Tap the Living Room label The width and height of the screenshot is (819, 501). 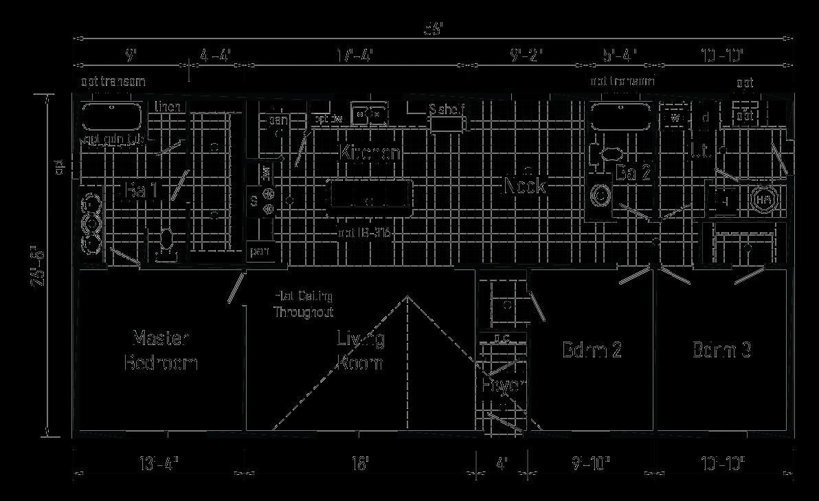(361, 350)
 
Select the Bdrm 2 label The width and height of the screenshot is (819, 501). (592, 350)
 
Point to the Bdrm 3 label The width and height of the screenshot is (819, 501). (721, 350)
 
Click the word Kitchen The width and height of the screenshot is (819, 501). (370, 153)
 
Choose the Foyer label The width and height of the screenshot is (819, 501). (503, 386)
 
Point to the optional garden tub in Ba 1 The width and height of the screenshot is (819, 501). (112, 117)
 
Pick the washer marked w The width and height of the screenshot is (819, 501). (675, 118)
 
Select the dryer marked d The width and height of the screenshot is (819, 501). (705, 118)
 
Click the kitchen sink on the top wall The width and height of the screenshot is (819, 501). (369, 112)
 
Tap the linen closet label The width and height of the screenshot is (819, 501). (168, 107)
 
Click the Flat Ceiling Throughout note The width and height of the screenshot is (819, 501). (304, 304)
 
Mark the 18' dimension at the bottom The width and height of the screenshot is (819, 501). (359, 464)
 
